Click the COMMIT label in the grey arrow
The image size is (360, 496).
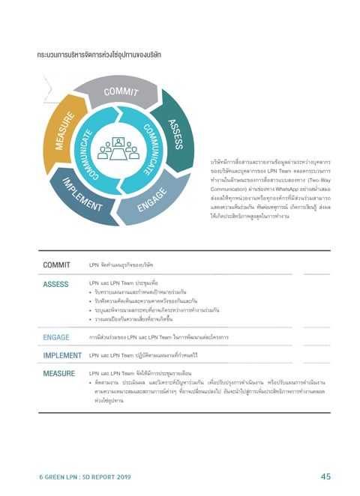[x=121, y=91]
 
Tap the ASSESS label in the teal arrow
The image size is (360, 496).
[x=175, y=134]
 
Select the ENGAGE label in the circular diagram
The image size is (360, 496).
[x=152, y=199]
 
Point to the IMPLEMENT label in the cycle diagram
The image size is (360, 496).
[x=82, y=194]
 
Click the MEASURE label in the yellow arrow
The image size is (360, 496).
[x=65, y=130]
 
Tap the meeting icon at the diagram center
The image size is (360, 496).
[x=118, y=148]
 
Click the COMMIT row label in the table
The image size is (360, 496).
[x=57, y=265]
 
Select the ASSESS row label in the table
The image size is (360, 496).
[x=55, y=285]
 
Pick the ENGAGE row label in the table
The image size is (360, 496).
[x=56, y=337]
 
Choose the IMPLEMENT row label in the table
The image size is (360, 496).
[x=62, y=356]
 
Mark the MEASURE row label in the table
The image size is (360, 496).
[x=59, y=374]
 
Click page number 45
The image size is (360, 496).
[x=325, y=477]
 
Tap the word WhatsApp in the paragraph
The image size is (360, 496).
[x=286, y=189]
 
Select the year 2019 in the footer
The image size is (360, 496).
[x=123, y=477]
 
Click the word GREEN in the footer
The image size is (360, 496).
[x=53, y=477]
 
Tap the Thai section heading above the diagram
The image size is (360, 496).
[x=99, y=55]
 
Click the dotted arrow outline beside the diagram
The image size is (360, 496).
[x=48, y=89]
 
